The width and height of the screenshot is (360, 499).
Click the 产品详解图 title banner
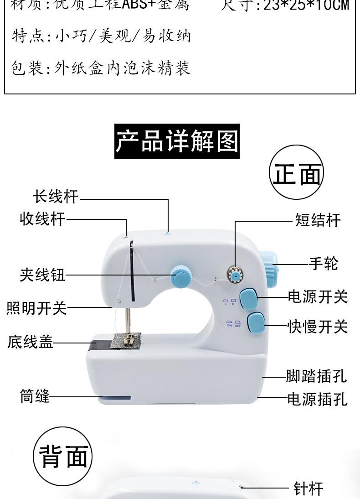177,141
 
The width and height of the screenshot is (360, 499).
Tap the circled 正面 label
297,174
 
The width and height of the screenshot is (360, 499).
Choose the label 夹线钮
42,275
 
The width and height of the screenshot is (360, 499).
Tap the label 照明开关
36,308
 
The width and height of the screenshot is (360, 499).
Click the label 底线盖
31,342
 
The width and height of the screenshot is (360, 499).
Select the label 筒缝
34,395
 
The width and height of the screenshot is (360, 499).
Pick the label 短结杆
318,220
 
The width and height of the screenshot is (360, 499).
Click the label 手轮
324,263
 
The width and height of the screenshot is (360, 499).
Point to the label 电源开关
318,297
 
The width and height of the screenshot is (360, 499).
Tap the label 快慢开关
318,327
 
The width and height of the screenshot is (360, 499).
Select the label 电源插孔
317,399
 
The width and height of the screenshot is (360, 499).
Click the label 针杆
309,489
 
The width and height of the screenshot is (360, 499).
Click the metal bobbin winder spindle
235,275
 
